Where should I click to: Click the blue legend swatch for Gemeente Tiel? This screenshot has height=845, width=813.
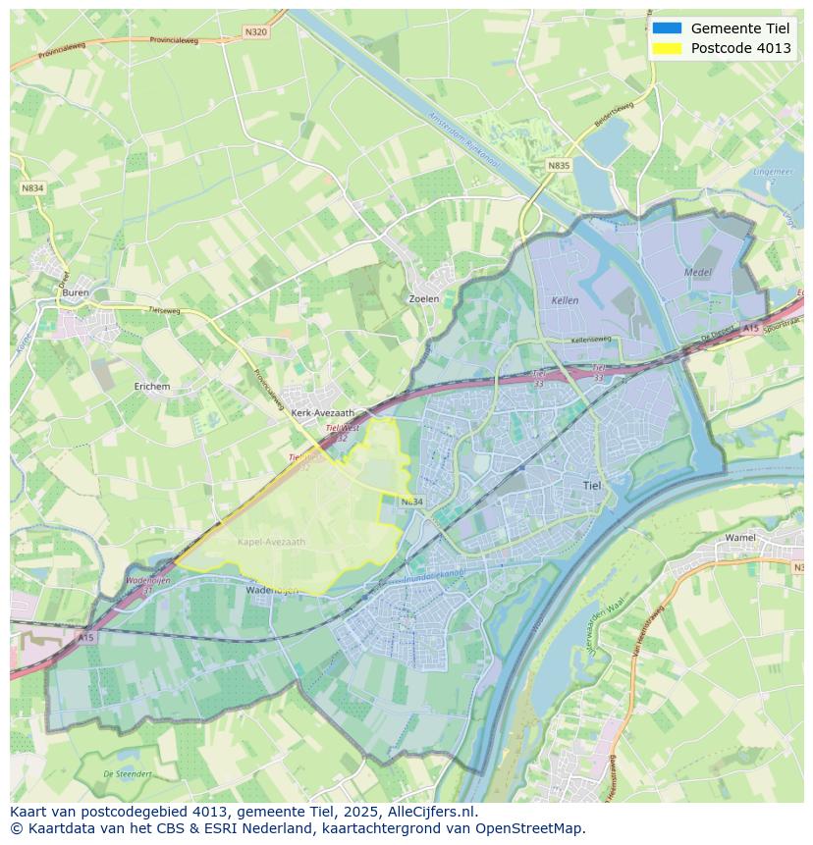coord(667,28)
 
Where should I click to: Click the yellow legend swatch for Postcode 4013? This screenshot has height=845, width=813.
coord(667,48)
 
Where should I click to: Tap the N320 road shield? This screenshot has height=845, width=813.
coord(255,32)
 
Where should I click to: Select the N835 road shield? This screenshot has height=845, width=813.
coord(559,166)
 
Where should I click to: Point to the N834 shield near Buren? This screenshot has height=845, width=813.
coord(32,187)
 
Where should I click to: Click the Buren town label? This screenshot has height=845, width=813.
coord(76,292)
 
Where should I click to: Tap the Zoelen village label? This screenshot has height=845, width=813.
coord(423,298)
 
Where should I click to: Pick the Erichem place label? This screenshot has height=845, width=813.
coord(152,387)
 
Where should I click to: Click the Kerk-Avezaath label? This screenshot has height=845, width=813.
coord(323,413)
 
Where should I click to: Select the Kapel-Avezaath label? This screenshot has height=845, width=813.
coord(272,542)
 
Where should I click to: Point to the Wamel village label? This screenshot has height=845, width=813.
coord(740,538)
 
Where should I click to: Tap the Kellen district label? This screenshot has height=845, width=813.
coord(565,300)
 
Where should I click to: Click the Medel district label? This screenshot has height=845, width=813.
coord(699,272)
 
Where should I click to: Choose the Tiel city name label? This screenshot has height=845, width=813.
coord(593,485)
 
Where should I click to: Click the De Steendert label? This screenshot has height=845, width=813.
coord(128,774)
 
